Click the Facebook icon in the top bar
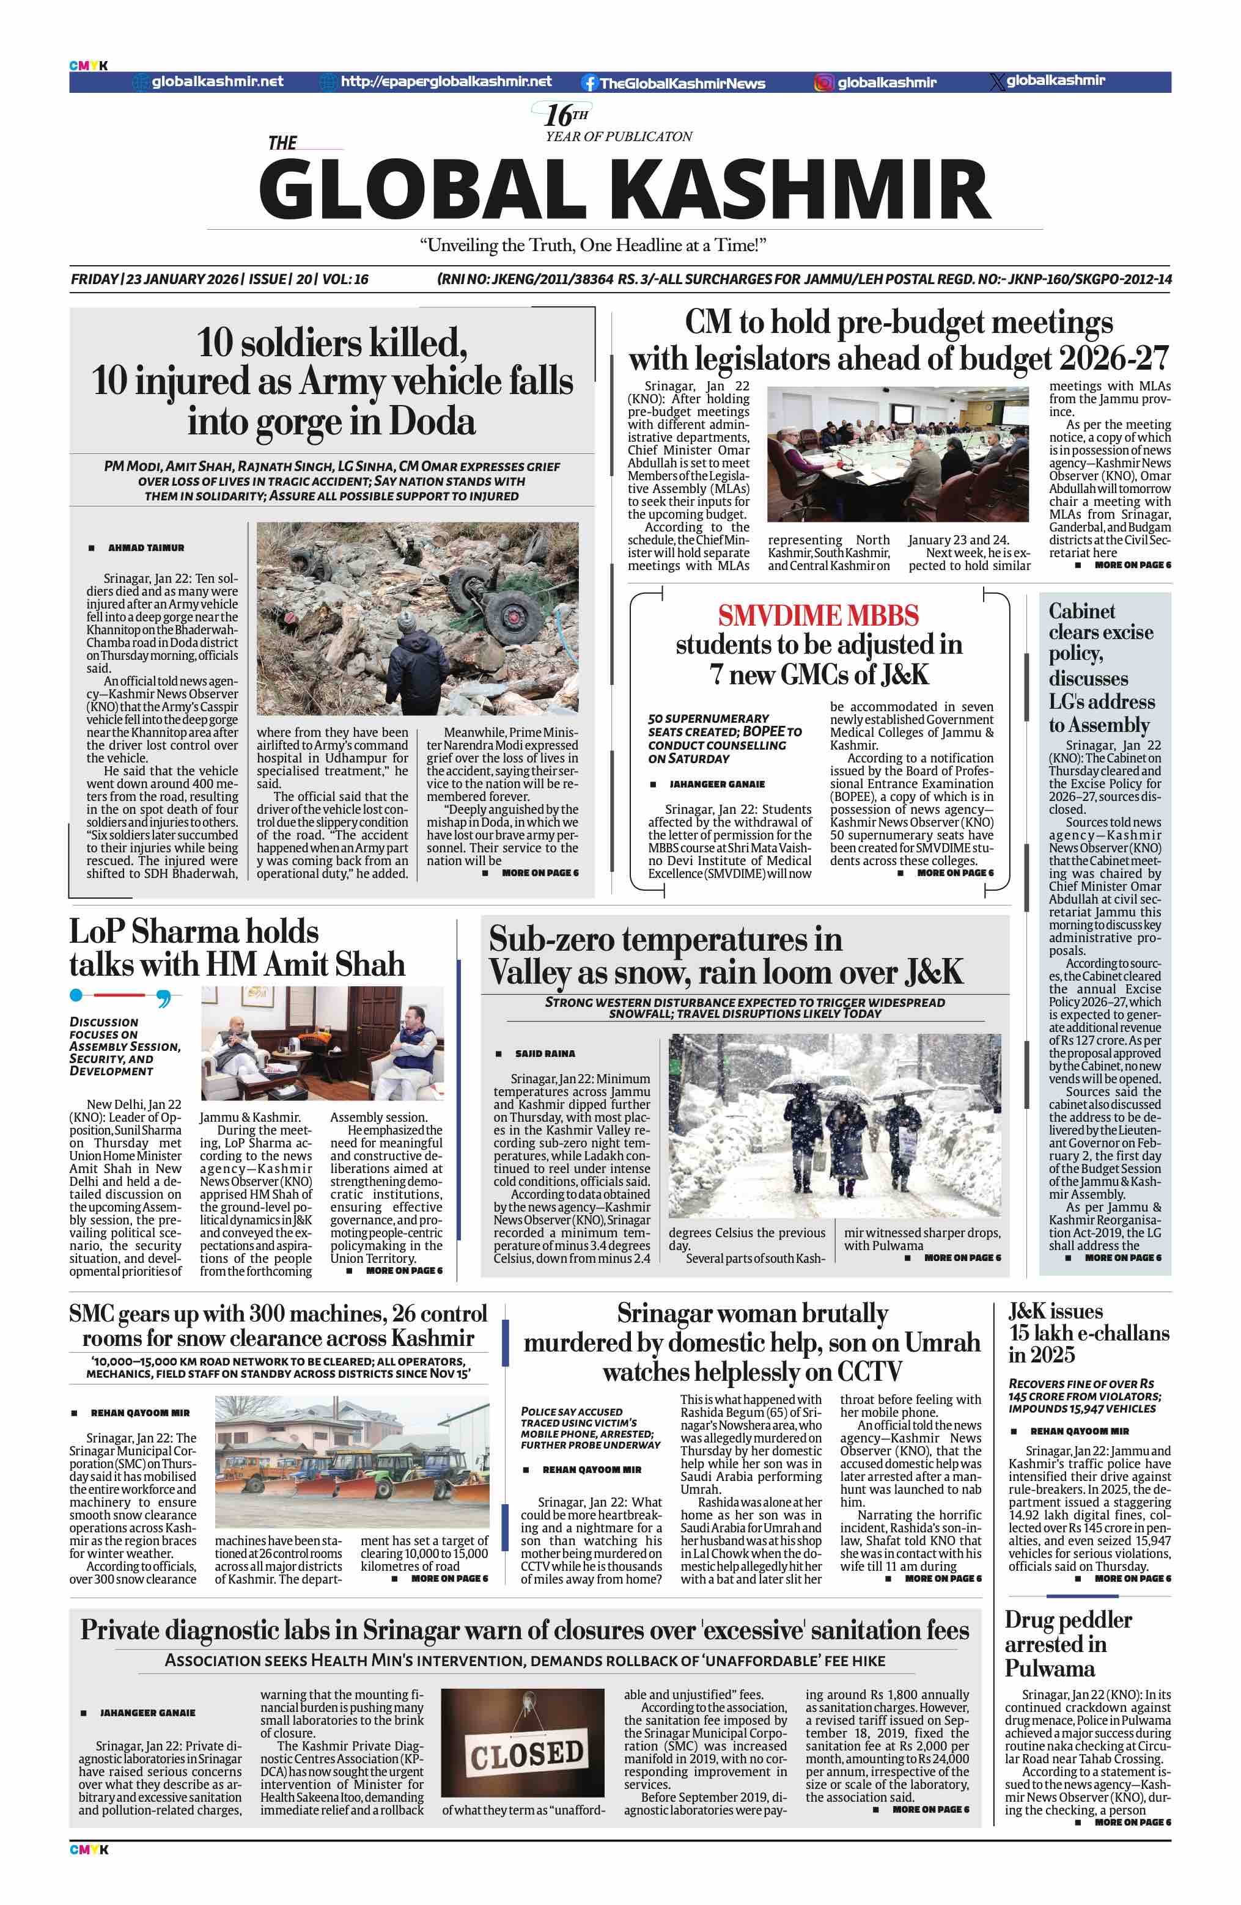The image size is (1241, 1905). [x=589, y=82]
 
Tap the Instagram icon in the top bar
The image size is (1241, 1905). [x=823, y=82]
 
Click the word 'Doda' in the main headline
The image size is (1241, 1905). [x=432, y=421]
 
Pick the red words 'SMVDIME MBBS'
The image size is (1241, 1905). [x=817, y=615]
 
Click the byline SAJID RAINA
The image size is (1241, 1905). [x=545, y=1053]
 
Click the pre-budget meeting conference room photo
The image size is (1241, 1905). [x=897, y=454]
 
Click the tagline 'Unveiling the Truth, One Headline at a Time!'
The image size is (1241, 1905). [x=592, y=245]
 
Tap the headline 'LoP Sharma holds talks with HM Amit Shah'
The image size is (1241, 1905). [x=237, y=948]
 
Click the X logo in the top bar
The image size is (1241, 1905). [x=996, y=82]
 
